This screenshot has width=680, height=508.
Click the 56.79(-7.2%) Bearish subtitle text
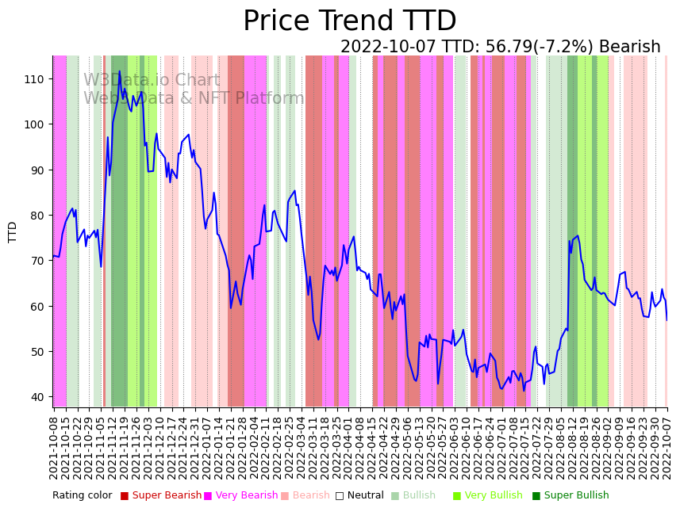point(500,47)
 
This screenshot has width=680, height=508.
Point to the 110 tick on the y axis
point(35,78)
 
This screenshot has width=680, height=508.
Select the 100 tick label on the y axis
point(35,124)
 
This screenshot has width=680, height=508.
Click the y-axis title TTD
point(13,231)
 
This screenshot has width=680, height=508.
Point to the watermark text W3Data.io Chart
point(152,80)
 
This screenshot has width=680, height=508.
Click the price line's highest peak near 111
point(120,71)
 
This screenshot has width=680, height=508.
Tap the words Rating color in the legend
point(83,495)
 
